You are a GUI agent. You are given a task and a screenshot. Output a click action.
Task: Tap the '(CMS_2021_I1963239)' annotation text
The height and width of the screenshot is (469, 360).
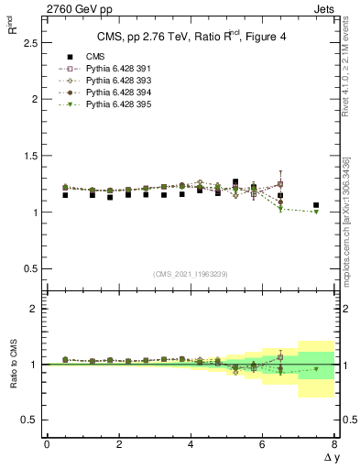(x=191, y=273)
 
